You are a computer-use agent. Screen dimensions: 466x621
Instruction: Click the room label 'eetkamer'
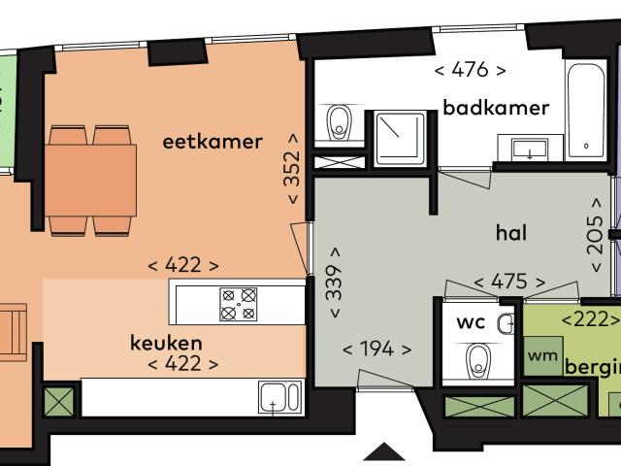(x=212, y=143)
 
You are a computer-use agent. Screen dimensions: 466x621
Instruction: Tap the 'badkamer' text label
(x=497, y=107)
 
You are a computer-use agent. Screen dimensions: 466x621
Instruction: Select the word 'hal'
(x=510, y=233)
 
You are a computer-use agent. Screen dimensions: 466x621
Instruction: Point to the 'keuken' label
(x=166, y=343)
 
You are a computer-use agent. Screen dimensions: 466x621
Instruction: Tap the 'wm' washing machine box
(x=542, y=356)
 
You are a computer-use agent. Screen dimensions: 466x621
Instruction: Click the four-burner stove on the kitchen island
(x=238, y=303)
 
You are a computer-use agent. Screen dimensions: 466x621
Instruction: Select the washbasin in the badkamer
(x=530, y=149)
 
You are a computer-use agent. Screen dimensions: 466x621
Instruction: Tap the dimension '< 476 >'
(x=470, y=70)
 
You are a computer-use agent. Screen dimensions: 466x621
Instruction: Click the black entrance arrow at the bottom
(x=385, y=452)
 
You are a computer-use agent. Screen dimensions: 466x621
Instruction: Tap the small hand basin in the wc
(x=506, y=323)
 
